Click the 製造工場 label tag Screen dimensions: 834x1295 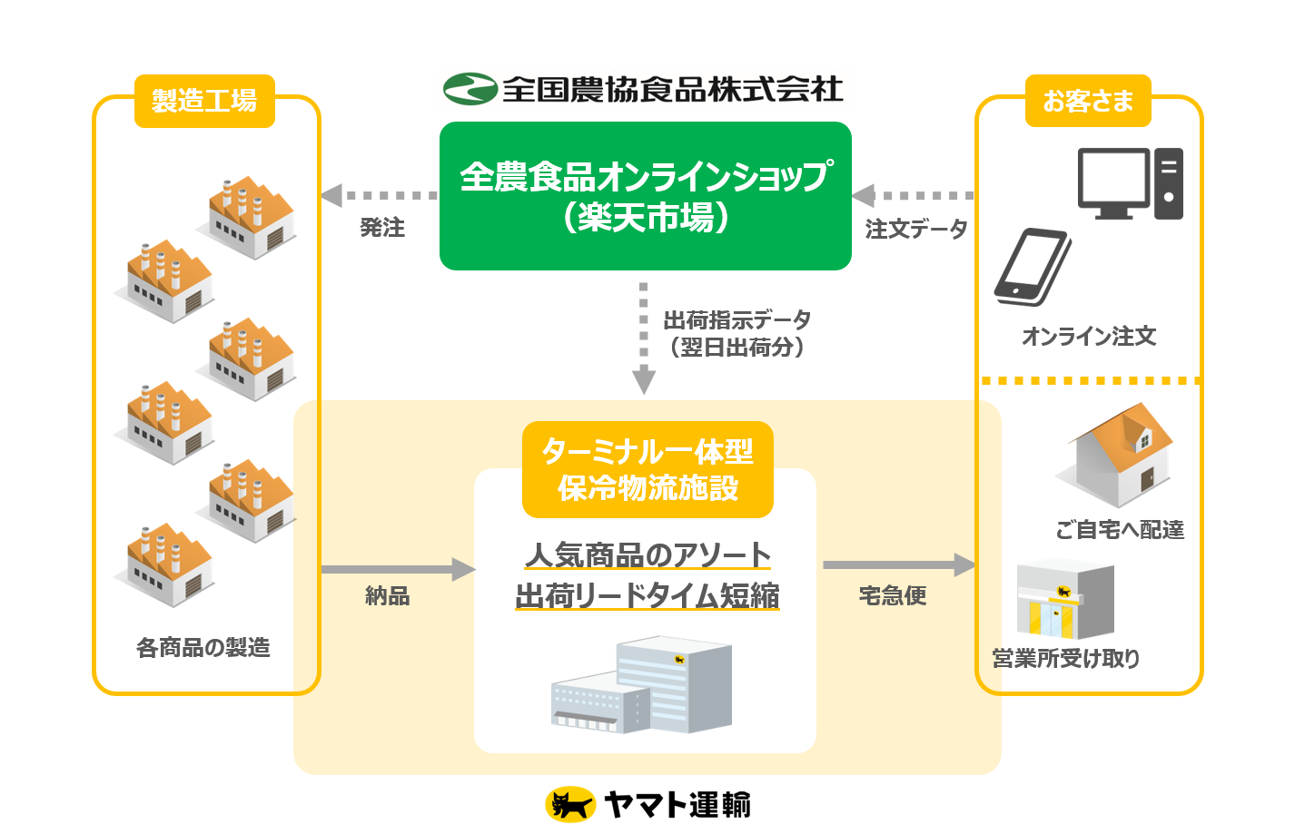[204, 101]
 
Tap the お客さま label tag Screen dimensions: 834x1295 [1088, 101]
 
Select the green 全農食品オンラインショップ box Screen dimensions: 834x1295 [645, 196]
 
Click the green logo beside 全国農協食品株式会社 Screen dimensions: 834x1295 [470, 89]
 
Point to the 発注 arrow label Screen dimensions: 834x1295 [382, 228]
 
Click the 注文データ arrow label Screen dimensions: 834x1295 [916, 229]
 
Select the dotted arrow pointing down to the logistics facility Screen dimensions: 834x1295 [644, 338]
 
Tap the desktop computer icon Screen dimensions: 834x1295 [1130, 183]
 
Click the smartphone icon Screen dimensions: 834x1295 [1033, 267]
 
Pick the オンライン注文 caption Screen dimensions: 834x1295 [1089, 337]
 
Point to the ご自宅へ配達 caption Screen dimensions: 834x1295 [1120, 530]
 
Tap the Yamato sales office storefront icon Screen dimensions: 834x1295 [1064, 600]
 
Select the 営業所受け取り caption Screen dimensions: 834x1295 [1066, 659]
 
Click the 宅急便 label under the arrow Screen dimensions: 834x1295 [893, 595]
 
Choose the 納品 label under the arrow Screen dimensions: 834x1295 [387, 596]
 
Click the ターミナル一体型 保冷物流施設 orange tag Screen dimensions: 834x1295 [647, 469]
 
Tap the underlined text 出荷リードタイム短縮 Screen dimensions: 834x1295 [647, 596]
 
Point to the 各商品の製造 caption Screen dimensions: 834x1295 [203, 648]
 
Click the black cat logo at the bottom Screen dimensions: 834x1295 [569, 805]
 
